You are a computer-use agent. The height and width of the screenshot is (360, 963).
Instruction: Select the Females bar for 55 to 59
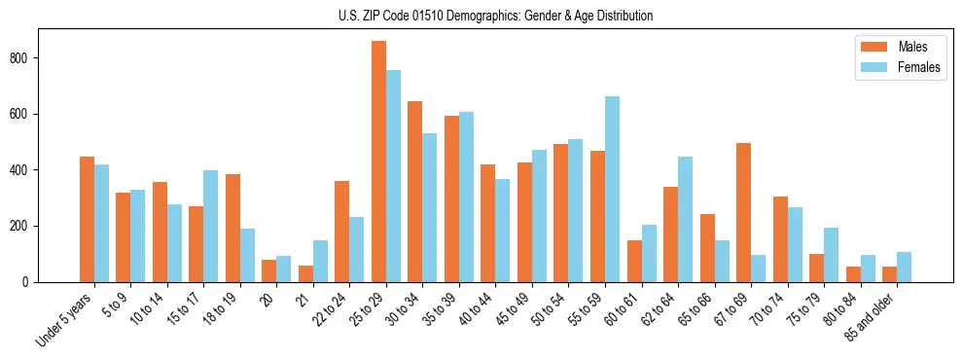(x=612, y=190)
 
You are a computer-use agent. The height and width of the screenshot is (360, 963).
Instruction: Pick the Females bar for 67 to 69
(x=758, y=269)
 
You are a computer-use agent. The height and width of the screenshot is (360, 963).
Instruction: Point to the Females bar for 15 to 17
(x=211, y=226)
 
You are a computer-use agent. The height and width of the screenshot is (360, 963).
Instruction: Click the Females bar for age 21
(x=320, y=261)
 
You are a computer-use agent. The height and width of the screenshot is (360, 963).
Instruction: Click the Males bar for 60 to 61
(x=634, y=261)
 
